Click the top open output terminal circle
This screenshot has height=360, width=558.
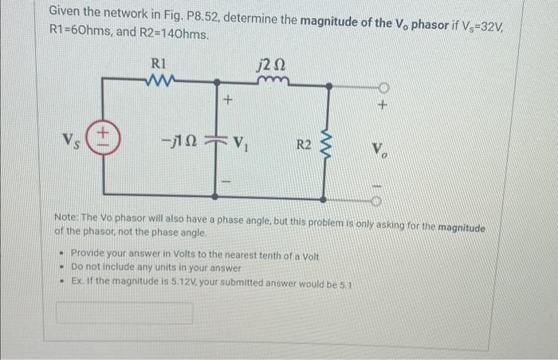(383, 87)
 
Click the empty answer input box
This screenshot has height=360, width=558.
(124, 313)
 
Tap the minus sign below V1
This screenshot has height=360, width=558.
(227, 182)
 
